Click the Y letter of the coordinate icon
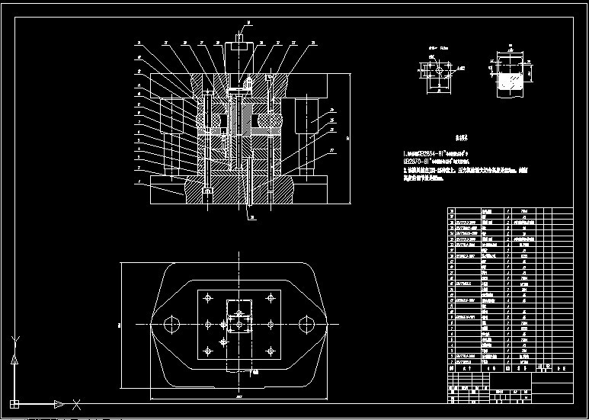[x=16, y=338]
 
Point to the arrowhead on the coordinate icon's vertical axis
[x=14, y=360]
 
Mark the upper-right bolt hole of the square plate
[x=270, y=299]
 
